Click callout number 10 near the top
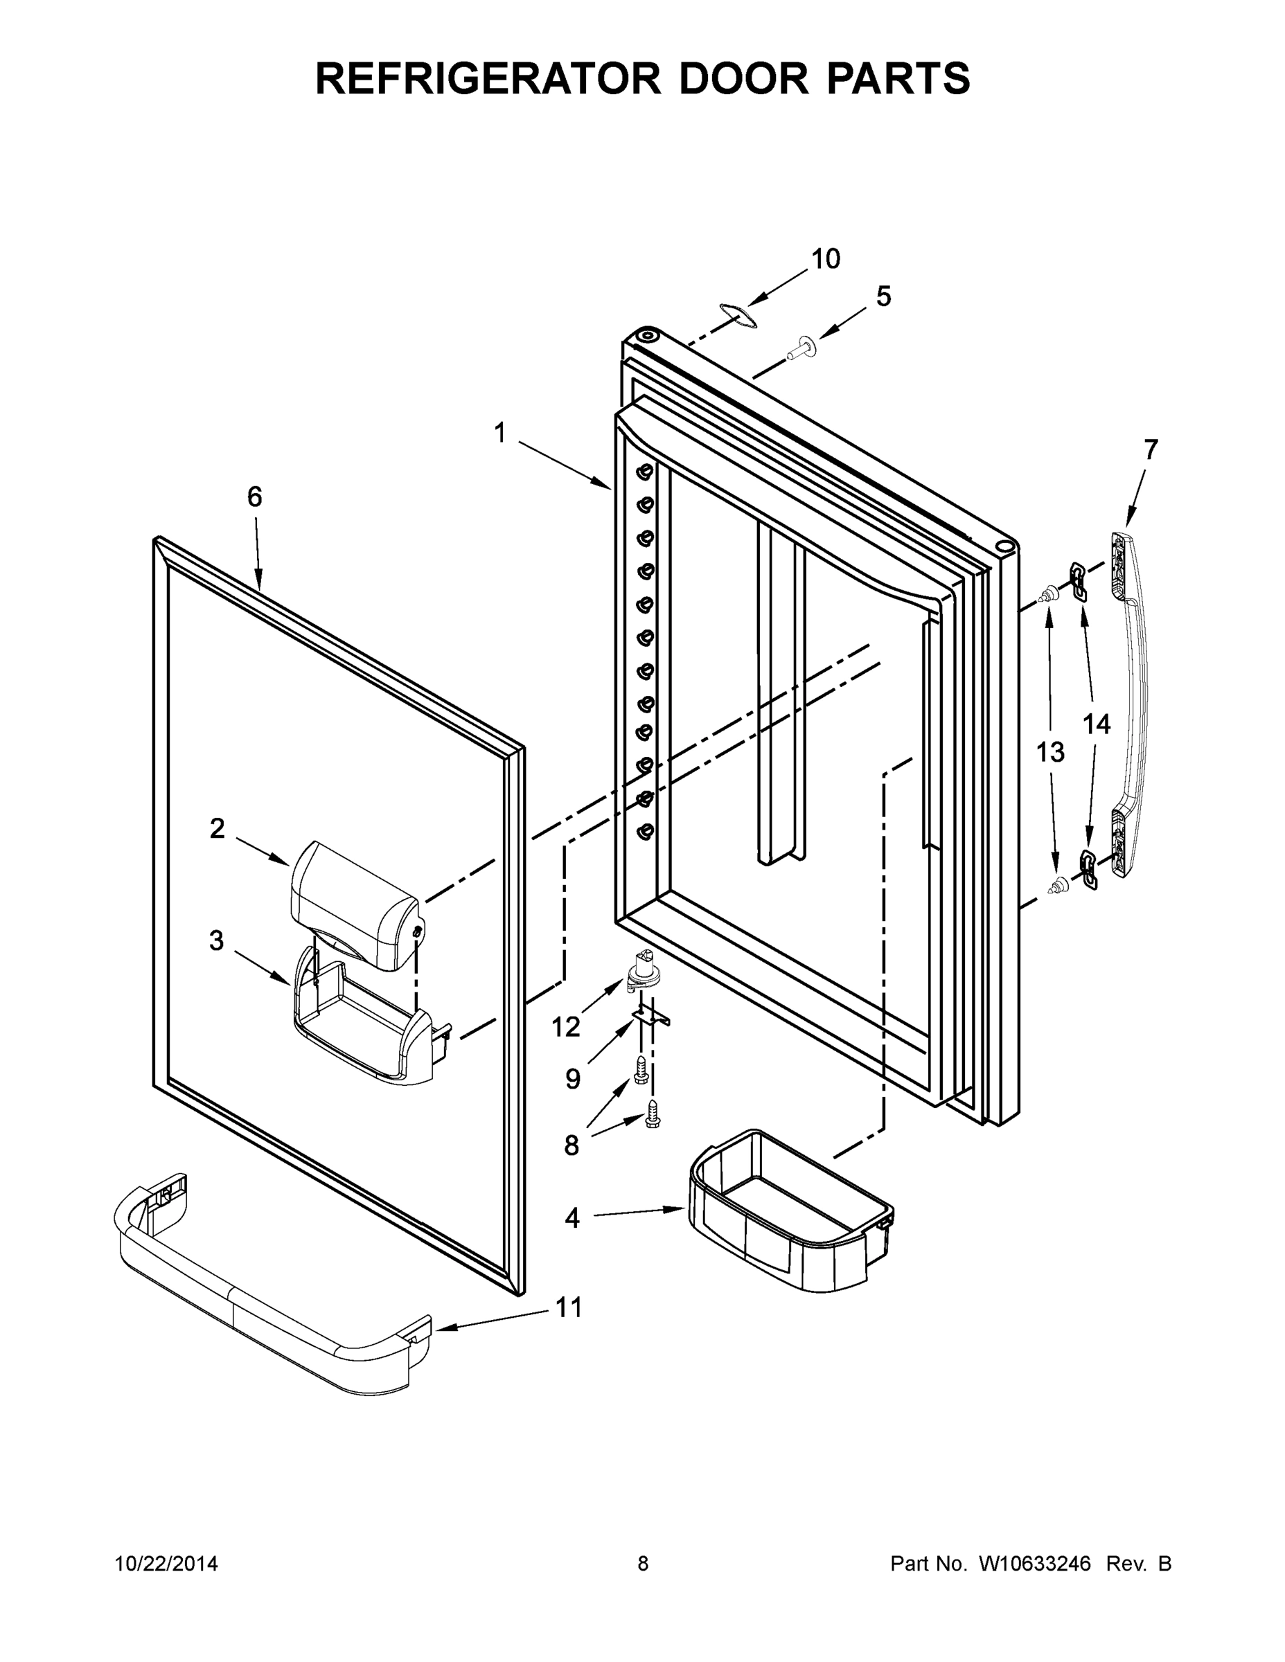coord(825,260)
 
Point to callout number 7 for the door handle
coord(1150,449)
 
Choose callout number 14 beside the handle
coord(1096,724)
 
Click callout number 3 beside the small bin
coord(217,941)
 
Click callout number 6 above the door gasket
coord(254,497)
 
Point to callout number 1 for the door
coord(499,434)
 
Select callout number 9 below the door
coord(572,1078)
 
